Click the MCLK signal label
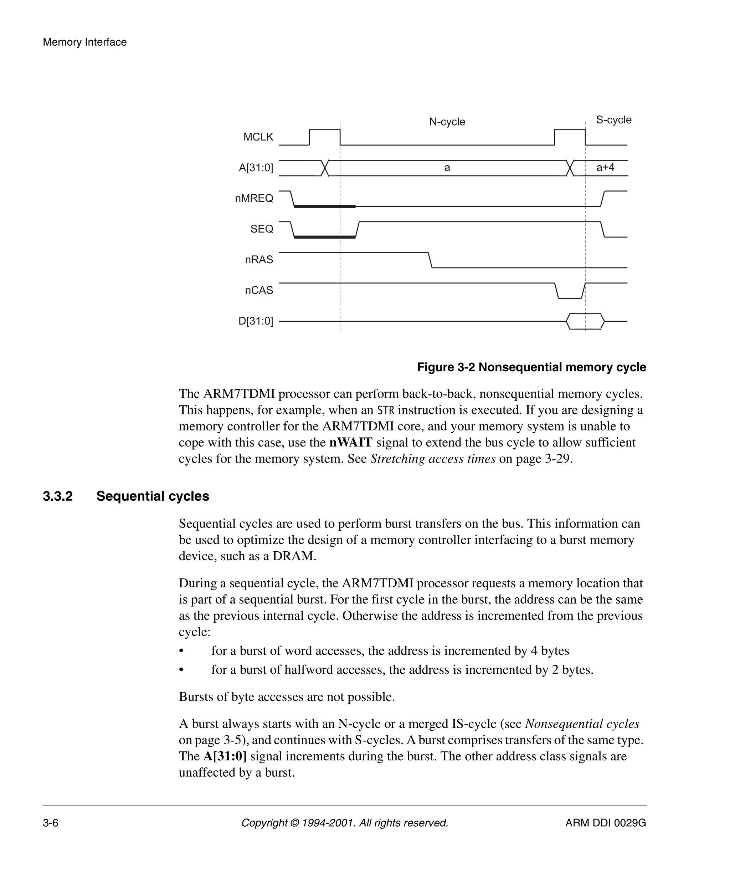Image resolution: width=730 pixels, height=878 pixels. coord(258,137)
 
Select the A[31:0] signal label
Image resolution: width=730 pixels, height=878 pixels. coord(256,168)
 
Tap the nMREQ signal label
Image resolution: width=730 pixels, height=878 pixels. coord(254,198)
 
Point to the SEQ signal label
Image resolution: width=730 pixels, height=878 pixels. coord(262,229)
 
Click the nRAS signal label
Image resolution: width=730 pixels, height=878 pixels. coord(259,260)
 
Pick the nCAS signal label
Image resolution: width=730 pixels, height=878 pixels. coord(259,290)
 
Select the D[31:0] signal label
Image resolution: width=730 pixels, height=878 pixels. coord(255,321)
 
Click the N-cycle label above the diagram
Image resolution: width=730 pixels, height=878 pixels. coord(447,122)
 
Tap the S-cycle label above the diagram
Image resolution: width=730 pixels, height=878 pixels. coord(613,120)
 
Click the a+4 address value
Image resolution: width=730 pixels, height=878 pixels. coord(605,168)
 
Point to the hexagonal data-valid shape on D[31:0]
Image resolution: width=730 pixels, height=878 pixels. coord(585,321)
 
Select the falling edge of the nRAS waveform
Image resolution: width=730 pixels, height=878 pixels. coord(430,260)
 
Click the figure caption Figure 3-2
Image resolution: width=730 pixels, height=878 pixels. coord(531,367)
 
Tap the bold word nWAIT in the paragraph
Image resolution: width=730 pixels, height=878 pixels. coord(350,442)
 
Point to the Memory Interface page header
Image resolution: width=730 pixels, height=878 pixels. coord(84,42)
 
